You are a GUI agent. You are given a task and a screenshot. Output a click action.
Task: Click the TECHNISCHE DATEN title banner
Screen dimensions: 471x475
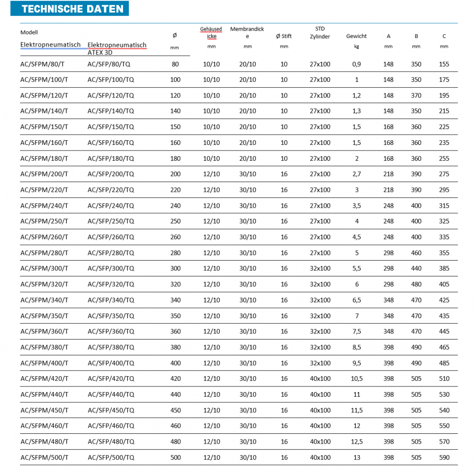(73, 9)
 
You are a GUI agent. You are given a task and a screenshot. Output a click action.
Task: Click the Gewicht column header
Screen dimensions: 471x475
(356, 36)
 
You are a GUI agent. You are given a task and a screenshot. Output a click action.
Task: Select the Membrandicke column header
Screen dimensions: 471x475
(247, 33)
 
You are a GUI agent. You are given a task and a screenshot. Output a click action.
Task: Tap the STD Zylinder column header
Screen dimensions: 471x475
(320, 33)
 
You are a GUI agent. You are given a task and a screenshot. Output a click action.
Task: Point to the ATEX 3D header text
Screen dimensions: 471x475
(100, 53)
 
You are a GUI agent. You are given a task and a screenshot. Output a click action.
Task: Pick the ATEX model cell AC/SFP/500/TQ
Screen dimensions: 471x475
(111, 458)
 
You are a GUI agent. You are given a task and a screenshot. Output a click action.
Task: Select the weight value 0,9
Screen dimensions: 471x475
(356, 64)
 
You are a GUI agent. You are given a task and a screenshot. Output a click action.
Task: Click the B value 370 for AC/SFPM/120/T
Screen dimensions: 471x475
(416, 96)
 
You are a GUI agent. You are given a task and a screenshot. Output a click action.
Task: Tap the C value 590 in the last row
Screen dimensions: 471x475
(444, 458)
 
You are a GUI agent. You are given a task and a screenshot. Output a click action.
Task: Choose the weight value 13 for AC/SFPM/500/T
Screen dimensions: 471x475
(356, 458)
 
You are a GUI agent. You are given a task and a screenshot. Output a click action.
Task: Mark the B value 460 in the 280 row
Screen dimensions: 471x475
(416, 253)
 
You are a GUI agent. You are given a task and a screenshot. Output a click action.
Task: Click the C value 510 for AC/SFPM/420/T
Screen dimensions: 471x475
(444, 379)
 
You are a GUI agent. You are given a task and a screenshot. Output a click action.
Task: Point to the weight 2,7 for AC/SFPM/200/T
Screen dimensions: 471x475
(356, 174)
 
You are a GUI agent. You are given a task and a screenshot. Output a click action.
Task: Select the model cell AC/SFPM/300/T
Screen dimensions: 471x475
(44, 268)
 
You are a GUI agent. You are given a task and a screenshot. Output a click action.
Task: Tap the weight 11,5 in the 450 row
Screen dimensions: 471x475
(356, 410)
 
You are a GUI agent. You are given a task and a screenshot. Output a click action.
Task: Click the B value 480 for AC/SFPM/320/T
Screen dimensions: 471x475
(416, 284)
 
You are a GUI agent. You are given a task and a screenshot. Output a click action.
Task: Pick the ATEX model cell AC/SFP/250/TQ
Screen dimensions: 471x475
(111, 222)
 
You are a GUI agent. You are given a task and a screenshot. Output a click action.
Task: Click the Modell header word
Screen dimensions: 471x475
(29, 33)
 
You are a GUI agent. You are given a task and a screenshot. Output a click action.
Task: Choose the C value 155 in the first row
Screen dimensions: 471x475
(444, 64)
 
